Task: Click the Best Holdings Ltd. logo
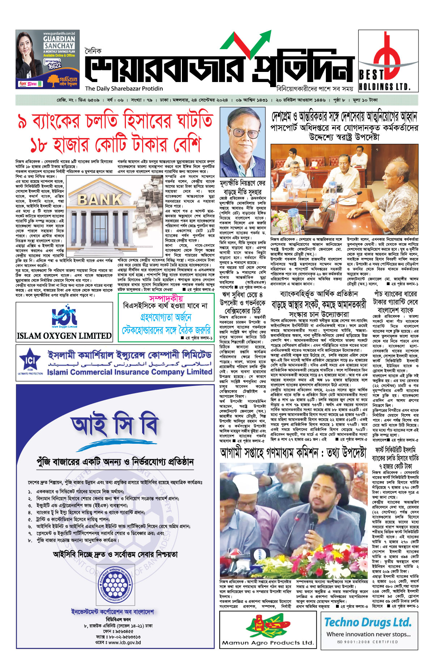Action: pyautogui.click(x=388, y=61)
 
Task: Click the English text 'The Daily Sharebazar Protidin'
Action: pyautogui.click(x=124, y=89)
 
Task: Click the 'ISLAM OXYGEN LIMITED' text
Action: pyautogui.click(x=64, y=336)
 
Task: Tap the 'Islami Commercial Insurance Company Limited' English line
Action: pyautogui.click(x=129, y=372)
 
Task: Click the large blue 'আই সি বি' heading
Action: pyautogui.click(x=115, y=426)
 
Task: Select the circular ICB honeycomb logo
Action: pyautogui.click(x=115, y=584)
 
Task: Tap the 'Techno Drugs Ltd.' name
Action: pyautogui.click(x=368, y=622)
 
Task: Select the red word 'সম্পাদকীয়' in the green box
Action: pyautogui.click(x=166, y=298)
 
